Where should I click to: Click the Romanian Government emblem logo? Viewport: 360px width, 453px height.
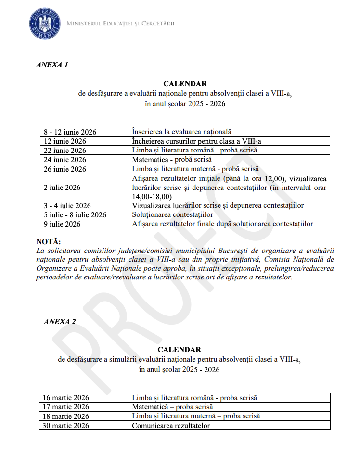[x=45, y=23]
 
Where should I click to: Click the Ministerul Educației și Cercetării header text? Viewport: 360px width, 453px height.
[x=120, y=24]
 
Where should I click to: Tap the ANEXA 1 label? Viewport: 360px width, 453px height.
[x=52, y=65]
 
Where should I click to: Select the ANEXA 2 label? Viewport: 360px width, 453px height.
[x=60, y=322]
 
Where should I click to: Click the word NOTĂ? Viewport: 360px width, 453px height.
[x=49, y=241]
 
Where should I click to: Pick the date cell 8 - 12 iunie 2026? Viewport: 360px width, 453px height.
[x=70, y=132]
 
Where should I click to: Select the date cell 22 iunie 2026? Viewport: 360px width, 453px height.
[x=65, y=150]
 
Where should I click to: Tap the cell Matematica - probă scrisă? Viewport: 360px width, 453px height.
[x=172, y=159]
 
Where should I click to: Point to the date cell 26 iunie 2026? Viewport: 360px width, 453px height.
[x=65, y=169]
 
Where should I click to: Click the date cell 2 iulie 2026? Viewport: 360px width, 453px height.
[x=62, y=187]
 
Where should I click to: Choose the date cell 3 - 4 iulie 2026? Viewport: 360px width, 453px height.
[x=67, y=206]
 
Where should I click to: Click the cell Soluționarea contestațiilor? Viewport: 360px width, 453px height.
[x=172, y=214]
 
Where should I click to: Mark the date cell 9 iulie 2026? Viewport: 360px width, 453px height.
[x=62, y=224]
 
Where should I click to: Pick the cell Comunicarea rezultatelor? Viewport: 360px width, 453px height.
[x=171, y=425]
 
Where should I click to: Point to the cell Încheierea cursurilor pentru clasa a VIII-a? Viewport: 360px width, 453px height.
[x=196, y=141]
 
